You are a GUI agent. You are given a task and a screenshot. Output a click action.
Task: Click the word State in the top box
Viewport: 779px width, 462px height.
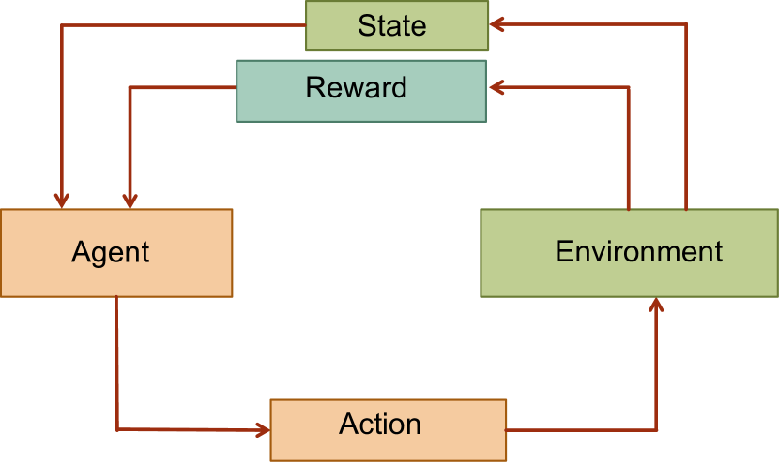pyautogui.click(x=391, y=25)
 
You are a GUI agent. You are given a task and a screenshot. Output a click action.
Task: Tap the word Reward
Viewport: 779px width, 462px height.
pyautogui.click(x=356, y=88)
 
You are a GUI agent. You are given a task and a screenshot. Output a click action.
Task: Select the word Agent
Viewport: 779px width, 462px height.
pyautogui.click(x=110, y=252)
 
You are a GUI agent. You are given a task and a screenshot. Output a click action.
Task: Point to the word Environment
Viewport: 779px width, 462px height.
pyautogui.click(x=638, y=251)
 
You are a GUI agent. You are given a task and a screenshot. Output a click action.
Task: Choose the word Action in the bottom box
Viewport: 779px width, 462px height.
pyautogui.click(x=379, y=424)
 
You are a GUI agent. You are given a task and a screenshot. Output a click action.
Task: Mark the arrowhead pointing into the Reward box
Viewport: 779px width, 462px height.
pyautogui.click(x=496, y=87)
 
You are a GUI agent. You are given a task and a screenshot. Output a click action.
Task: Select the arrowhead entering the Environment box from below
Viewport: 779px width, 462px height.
pyautogui.click(x=656, y=305)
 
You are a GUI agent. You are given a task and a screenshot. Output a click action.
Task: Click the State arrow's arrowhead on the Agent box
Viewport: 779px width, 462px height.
pyautogui.click(x=61, y=200)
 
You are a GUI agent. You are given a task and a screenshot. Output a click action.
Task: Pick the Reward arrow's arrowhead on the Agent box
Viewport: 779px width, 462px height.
pyautogui.click(x=130, y=200)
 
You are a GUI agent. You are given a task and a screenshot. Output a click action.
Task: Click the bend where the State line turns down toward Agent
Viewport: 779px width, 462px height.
pyautogui.click(x=61, y=25)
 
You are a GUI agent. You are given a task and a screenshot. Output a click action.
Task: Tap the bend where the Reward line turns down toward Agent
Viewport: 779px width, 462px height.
pyautogui.click(x=130, y=88)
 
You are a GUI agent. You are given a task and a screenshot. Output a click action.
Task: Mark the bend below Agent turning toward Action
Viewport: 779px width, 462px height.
pyautogui.click(x=116, y=429)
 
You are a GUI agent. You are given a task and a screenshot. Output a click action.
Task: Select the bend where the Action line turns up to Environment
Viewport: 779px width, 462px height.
pyautogui.click(x=656, y=429)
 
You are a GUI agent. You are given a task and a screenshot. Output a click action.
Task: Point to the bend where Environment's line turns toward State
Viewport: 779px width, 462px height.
pyautogui.click(x=686, y=23)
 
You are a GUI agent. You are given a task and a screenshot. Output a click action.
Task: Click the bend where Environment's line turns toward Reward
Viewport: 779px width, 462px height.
pyautogui.click(x=628, y=88)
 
